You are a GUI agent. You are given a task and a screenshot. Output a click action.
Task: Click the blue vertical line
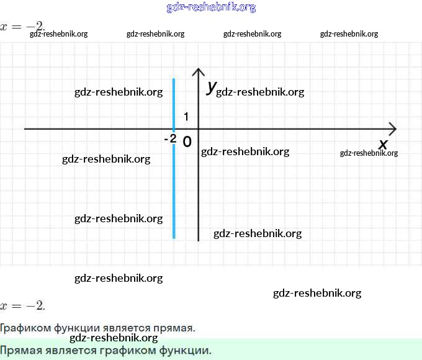coord(174,186)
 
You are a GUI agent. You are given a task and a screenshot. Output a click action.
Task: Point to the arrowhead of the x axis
coord(392,128)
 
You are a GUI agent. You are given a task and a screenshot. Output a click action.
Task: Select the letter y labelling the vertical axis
coord(212,88)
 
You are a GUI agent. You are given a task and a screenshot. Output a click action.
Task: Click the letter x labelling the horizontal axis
coord(383,145)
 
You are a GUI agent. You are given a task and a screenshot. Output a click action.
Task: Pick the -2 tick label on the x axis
coord(170,139)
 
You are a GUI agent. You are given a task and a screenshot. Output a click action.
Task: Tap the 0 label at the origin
coord(187,142)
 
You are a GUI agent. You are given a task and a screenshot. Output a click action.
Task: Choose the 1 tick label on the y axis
coord(187,117)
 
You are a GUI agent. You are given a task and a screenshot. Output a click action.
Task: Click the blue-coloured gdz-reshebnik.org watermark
coord(211,7)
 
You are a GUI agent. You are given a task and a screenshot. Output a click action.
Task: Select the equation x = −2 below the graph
coord(22,305)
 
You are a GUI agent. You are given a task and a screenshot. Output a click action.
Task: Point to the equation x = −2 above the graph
coord(22,26)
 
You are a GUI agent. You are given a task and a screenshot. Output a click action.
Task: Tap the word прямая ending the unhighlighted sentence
coord(176,327)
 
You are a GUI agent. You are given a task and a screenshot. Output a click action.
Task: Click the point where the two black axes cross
coord(198,128)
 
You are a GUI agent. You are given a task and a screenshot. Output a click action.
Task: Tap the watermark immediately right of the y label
coord(260,92)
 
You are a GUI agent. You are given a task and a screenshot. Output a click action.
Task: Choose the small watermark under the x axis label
coord(369,153)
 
